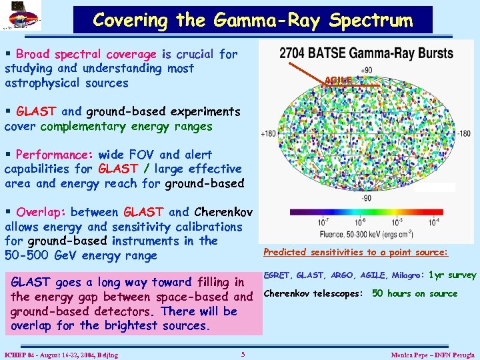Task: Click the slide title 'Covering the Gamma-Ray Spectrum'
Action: (x=253, y=20)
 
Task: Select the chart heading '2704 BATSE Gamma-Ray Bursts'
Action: (x=366, y=53)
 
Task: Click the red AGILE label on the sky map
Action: (x=337, y=80)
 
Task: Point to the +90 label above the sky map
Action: (x=366, y=71)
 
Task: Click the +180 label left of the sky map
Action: (x=269, y=134)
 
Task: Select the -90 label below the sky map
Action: (x=366, y=198)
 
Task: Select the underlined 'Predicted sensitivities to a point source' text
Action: (x=355, y=252)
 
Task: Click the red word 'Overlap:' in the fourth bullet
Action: (x=39, y=212)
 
